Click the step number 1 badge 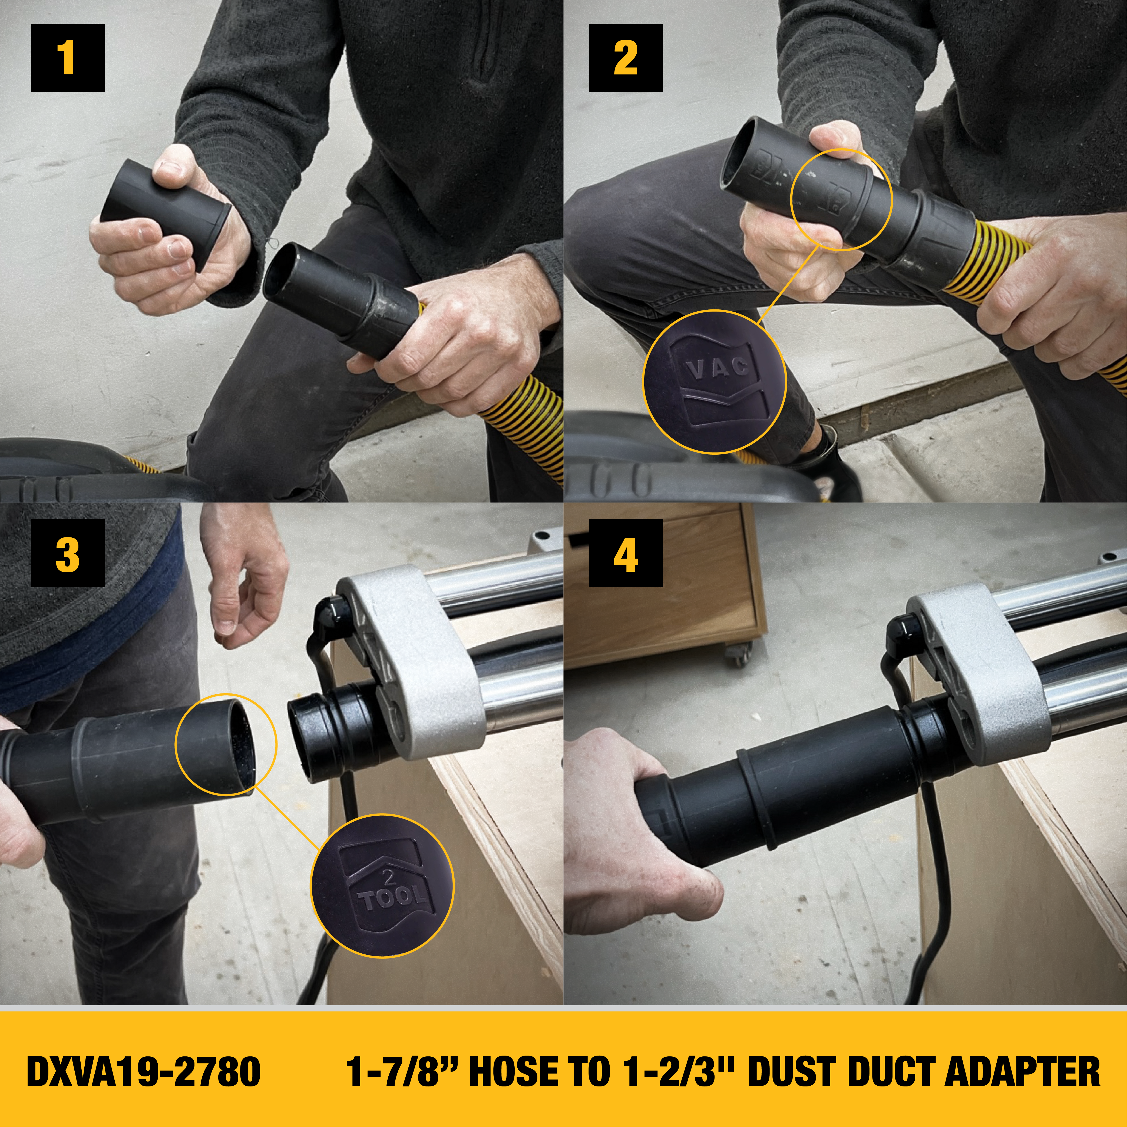click(68, 58)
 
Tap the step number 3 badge click(68, 553)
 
